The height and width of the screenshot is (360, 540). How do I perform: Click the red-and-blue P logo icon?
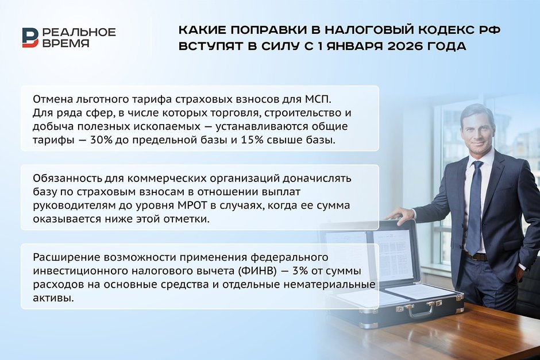[x=30, y=37]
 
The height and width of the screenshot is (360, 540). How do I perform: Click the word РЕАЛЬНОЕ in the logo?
[x=79, y=32]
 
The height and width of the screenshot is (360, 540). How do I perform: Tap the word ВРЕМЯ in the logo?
[x=66, y=43]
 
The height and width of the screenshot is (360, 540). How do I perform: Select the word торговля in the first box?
[x=235, y=113]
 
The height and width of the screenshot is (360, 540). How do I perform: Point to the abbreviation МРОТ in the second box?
[x=192, y=206]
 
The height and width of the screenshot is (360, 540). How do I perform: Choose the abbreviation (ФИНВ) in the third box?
[x=257, y=271]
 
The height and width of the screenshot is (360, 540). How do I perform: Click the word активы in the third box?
[x=53, y=298]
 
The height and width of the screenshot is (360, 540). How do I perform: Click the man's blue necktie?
[x=474, y=207]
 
